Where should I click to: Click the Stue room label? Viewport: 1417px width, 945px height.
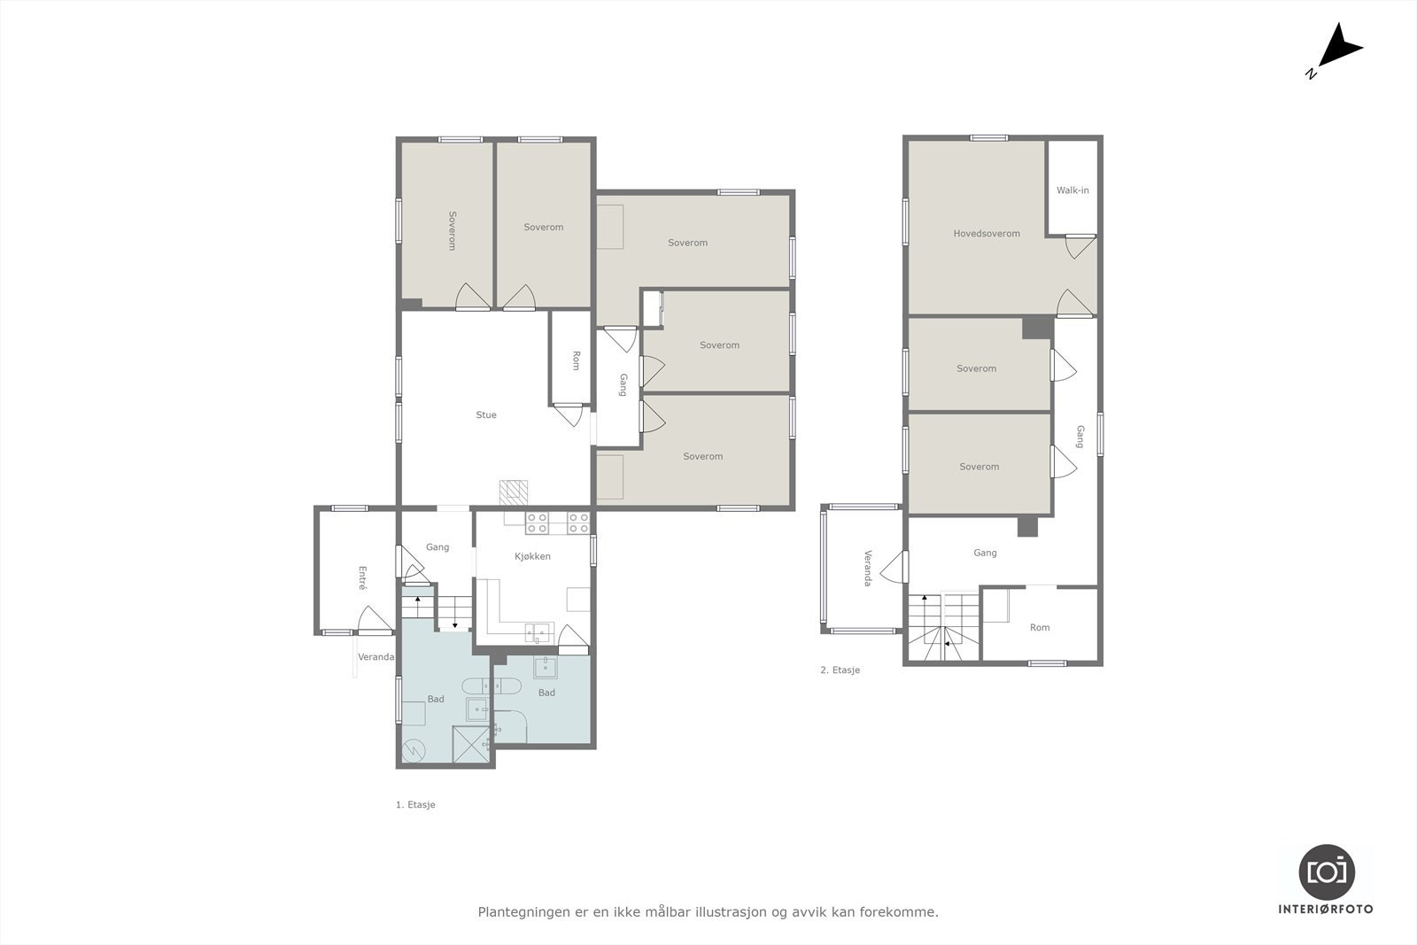click(485, 414)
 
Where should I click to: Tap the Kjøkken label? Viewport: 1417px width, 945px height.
click(532, 556)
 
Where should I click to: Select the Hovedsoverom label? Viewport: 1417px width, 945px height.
click(986, 234)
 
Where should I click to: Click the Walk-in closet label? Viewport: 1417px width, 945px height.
click(1072, 190)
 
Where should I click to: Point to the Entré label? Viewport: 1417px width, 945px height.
click(362, 577)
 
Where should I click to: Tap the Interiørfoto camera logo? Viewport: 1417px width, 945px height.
click(1326, 871)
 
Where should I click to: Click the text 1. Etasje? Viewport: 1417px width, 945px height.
click(415, 805)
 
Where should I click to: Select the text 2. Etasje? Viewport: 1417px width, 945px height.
click(840, 670)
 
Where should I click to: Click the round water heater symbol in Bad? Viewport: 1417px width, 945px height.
click(414, 750)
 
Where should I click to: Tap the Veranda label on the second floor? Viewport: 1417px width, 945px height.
click(867, 569)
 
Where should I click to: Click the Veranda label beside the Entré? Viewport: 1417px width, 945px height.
click(376, 657)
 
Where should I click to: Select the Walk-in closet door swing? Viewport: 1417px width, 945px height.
click(1080, 245)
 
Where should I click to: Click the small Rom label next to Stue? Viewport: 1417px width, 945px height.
click(576, 360)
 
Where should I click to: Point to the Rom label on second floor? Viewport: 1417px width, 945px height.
click(1039, 627)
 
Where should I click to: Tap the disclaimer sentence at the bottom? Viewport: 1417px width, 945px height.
click(708, 911)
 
